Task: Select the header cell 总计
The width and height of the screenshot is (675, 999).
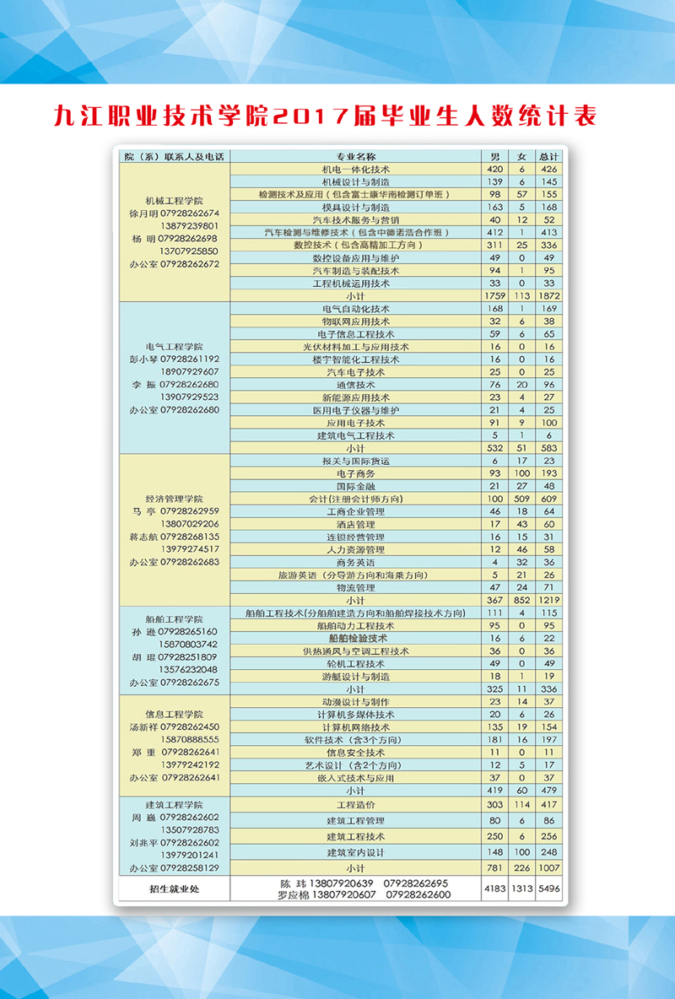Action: [549, 156]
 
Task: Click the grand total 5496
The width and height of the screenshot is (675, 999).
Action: [549, 888]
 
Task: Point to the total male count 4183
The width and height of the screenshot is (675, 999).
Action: [495, 888]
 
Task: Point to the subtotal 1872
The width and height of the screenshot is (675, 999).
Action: [549, 296]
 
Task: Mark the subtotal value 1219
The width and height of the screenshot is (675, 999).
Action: [549, 600]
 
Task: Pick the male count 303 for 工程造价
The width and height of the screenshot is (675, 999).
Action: [495, 805]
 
